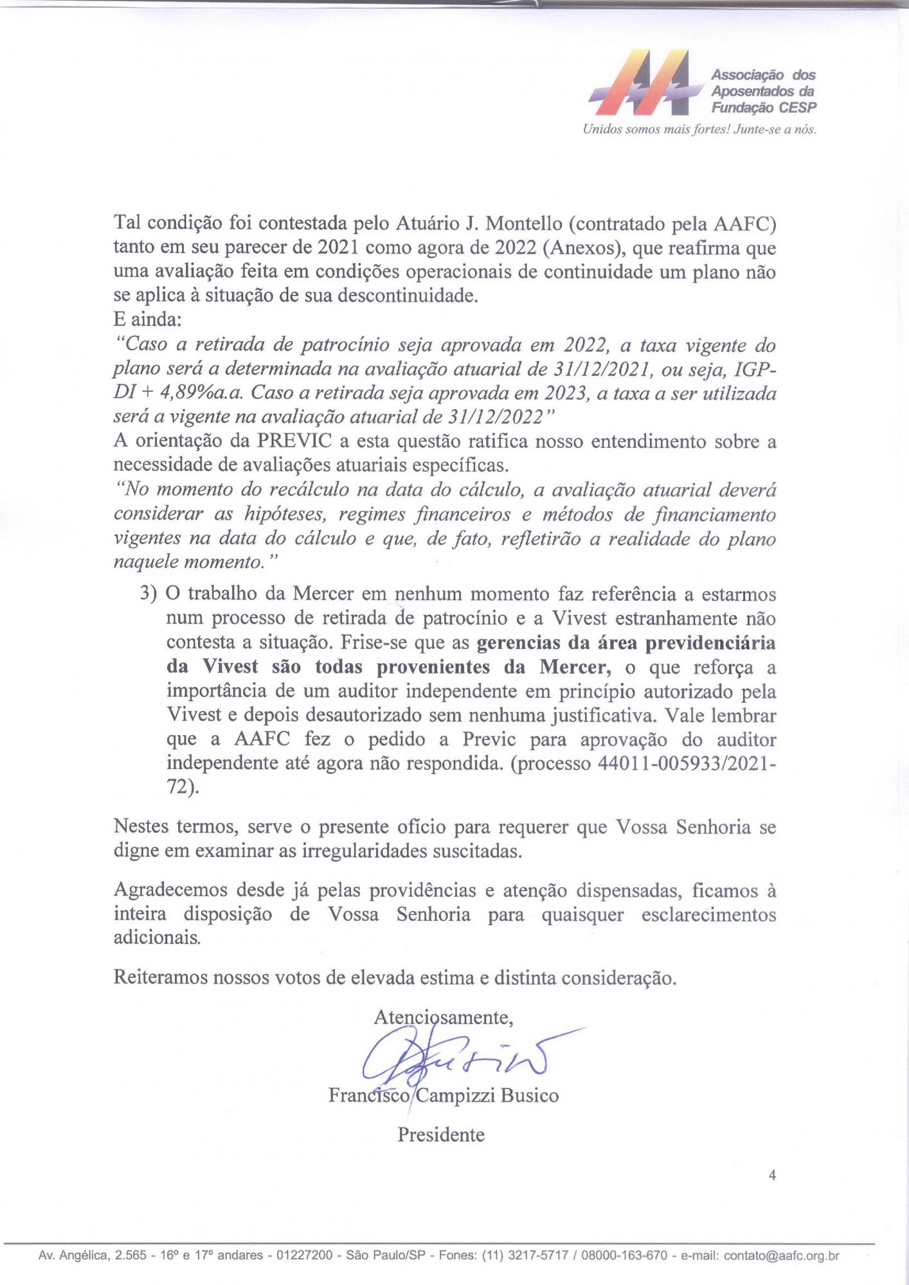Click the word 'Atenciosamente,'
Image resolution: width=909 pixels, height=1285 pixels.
(x=443, y=1016)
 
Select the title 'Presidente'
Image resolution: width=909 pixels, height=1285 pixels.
(x=441, y=1135)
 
